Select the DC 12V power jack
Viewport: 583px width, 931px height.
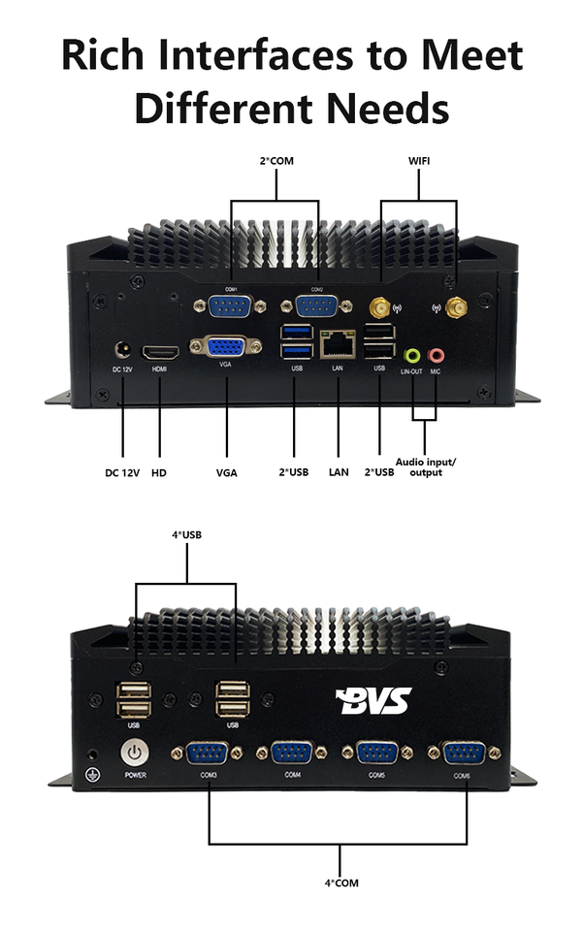point(123,351)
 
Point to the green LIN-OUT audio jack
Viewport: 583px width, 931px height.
point(411,357)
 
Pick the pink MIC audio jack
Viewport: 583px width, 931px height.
point(437,357)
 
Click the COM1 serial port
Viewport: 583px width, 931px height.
point(231,305)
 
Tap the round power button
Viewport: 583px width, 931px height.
point(134,752)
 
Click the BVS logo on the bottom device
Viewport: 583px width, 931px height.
point(372,699)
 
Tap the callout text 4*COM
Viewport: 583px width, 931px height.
point(340,883)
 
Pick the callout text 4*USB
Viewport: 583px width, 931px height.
point(185,534)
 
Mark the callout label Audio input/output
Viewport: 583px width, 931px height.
point(425,466)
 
